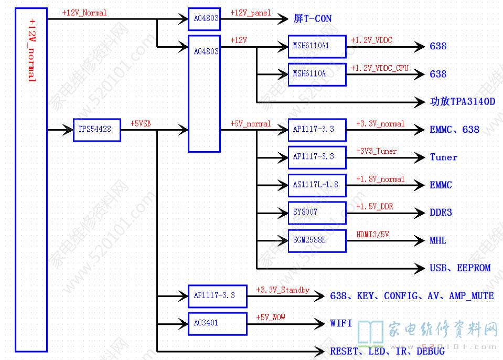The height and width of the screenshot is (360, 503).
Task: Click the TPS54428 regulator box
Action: click(x=97, y=130)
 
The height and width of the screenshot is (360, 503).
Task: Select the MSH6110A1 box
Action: click(x=317, y=47)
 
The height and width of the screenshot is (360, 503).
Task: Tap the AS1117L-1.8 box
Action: click(x=317, y=185)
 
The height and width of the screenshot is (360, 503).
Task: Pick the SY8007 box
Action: click(x=317, y=213)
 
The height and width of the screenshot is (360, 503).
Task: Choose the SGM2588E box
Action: click(x=317, y=241)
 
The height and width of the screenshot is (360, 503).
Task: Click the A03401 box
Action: click(x=217, y=323)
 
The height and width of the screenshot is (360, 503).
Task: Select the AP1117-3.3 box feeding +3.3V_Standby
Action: click(x=217, y=296)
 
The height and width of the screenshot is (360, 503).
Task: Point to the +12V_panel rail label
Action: click(x=251, y=13)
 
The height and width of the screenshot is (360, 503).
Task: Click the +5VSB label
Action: click(x=142, y=124)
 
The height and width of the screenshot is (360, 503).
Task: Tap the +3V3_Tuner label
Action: click(x=376, y=151)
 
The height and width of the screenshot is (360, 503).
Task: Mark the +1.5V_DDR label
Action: click(x=374, y=207)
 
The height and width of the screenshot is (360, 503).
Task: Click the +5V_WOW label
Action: click(x=271, y=317)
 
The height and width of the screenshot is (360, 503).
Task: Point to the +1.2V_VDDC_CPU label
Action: click(x=380, y=68)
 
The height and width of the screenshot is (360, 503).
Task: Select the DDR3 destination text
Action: click(x=441, y=213)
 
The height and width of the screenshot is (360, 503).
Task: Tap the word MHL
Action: click(x=439, y=241)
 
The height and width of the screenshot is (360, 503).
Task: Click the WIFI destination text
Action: click(x=341, y=323)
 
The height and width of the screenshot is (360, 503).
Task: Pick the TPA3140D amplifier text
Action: click(x=473, y=102)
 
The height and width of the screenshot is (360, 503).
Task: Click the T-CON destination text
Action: click(x=317, y=19)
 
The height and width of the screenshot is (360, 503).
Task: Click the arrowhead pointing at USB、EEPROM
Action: click(x=421, y=268)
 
